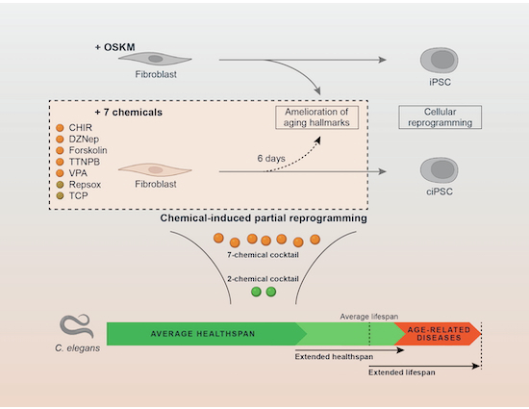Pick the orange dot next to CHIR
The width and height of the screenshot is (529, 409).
[x=60, y=128]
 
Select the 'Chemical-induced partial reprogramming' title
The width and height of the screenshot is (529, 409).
[x=265, y=219]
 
